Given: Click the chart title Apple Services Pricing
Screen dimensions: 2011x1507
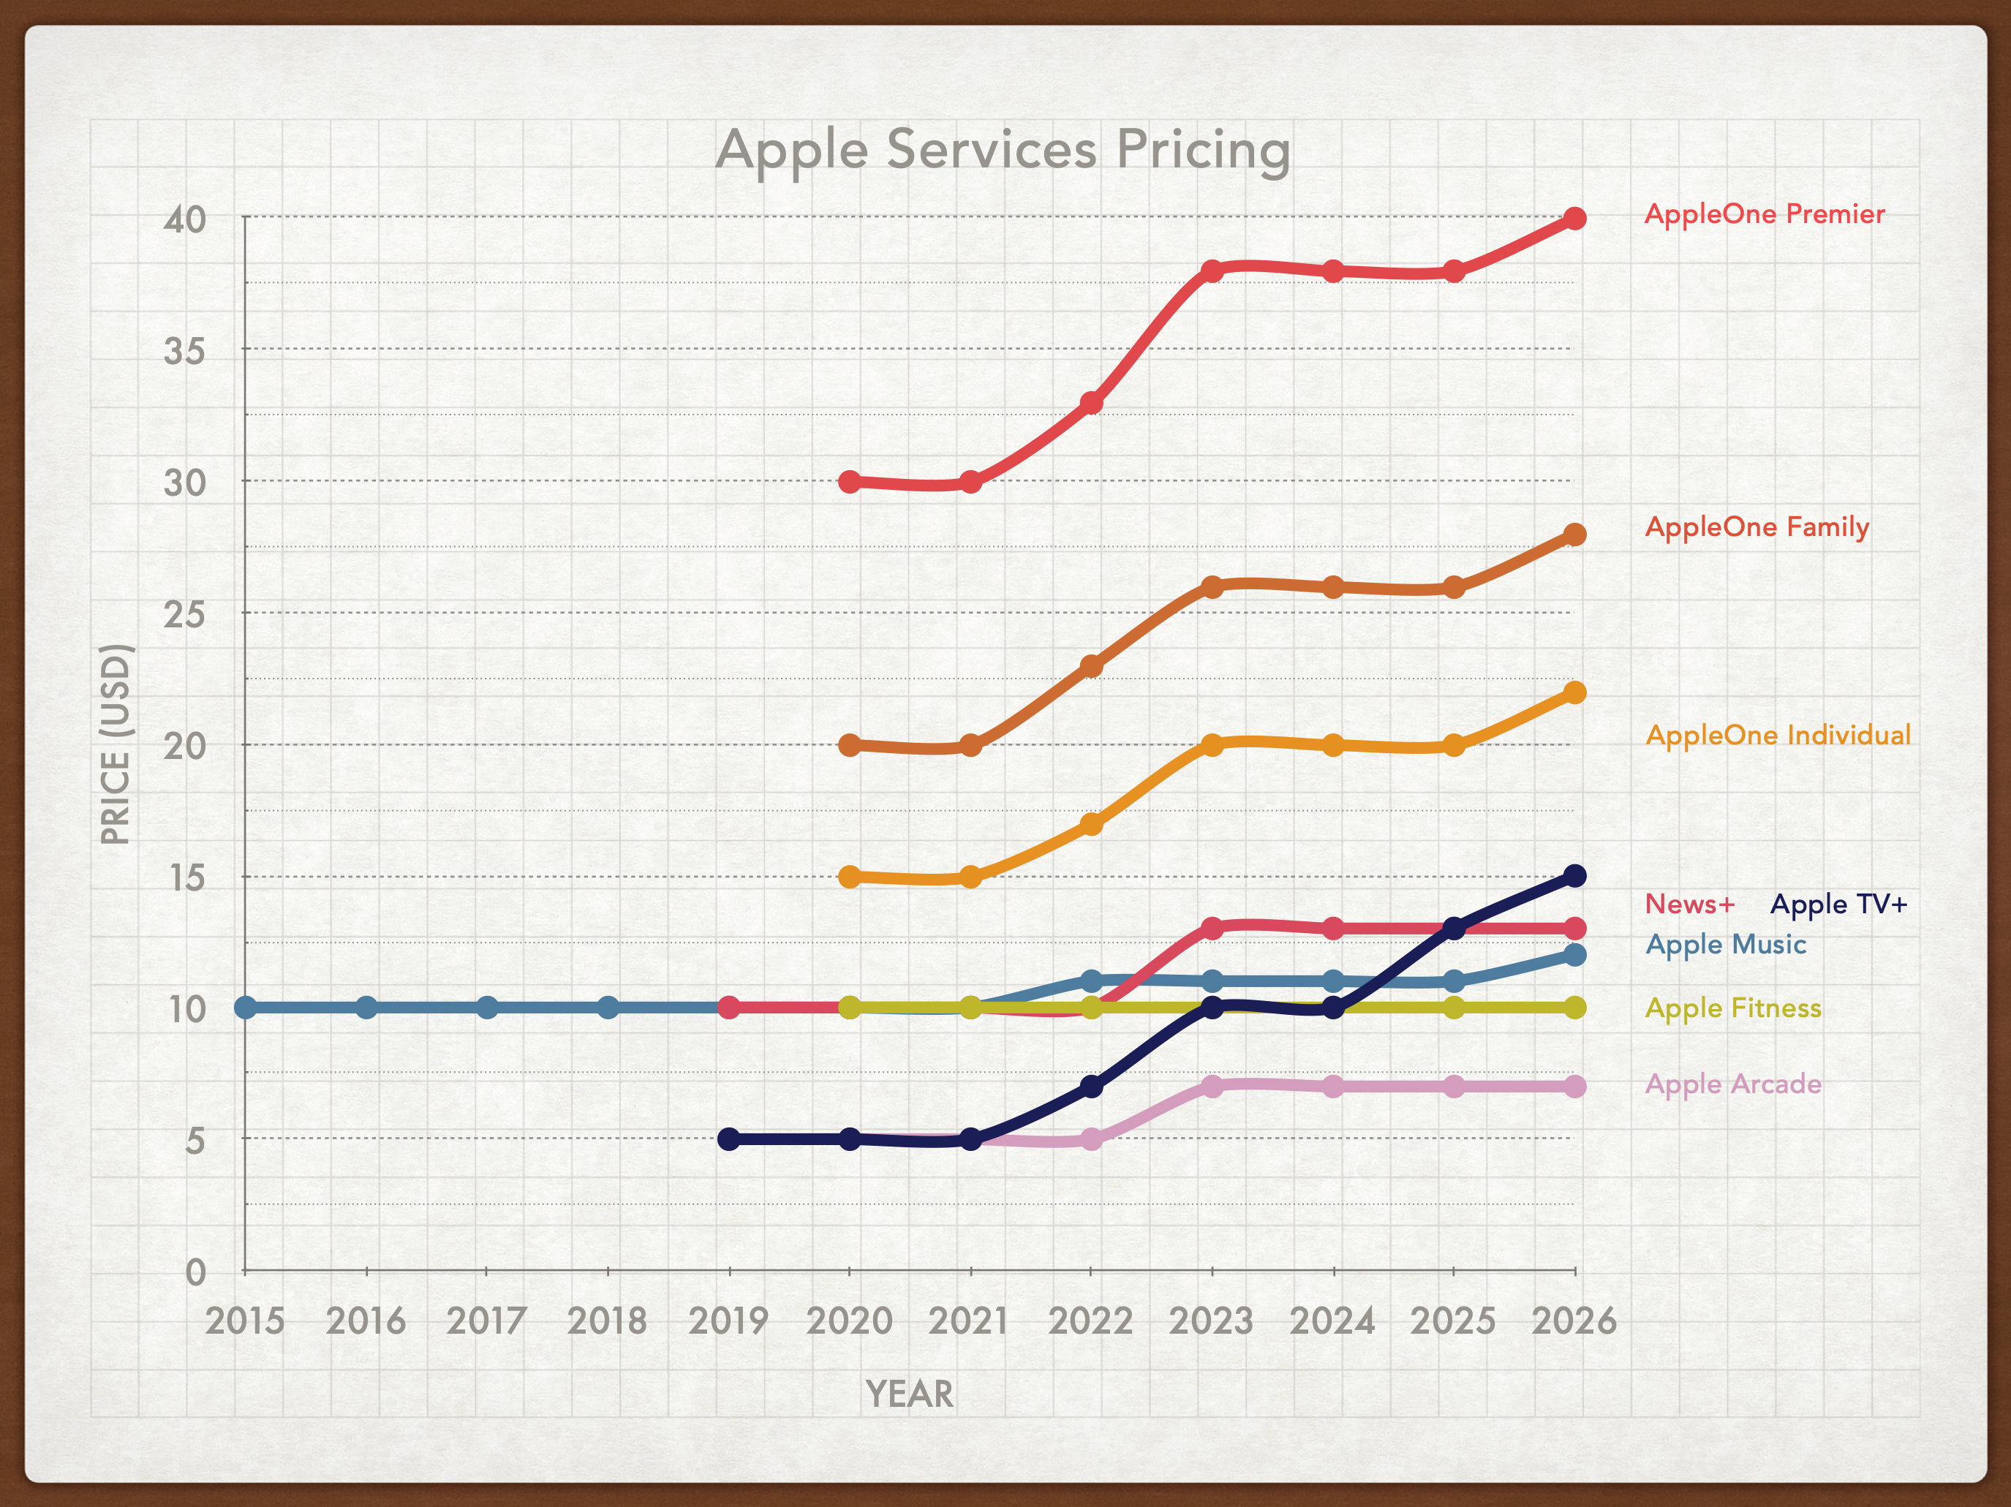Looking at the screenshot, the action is coord(1003,150).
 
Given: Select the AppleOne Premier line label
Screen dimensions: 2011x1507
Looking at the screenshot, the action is coord(1765,214).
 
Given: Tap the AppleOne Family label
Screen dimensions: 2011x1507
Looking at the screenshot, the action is coord(1757,527).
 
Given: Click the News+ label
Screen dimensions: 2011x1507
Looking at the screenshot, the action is coord(1690,904).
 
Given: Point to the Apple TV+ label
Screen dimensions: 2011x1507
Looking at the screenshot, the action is coord(1838,904).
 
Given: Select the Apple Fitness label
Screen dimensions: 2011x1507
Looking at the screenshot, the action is coord(1733,1008).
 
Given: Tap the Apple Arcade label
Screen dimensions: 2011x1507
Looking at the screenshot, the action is coord(1733,1084).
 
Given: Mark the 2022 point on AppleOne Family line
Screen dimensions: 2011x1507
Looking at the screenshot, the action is coord(1092,666).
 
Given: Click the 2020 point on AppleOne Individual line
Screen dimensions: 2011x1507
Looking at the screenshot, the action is coord(849,877).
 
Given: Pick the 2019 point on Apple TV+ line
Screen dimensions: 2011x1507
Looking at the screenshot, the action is coord(729,1139).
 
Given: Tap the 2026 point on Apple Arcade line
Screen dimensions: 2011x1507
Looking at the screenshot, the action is coord(1574,1086).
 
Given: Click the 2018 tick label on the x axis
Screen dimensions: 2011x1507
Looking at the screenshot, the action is coord(607,1321).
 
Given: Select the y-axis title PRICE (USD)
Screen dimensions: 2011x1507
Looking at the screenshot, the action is coord(116,744).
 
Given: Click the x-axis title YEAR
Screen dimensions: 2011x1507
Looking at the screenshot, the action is coord(909,1394).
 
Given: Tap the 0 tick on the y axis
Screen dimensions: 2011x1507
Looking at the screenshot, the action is coord(195,1272).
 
